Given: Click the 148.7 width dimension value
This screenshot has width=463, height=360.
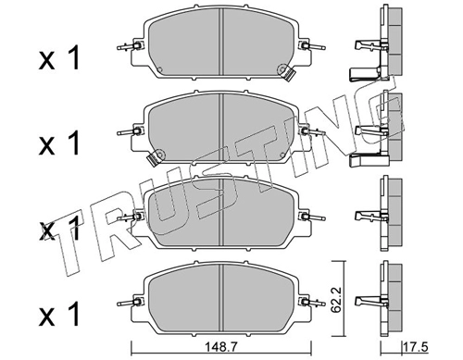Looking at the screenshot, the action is pyautogui.click(x=220, y=348).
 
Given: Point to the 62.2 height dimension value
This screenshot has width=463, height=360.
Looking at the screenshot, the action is pyautogui.click(x=337, y=300).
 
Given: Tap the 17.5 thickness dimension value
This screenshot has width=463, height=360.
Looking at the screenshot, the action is pyautogui.click(x=416, y=348).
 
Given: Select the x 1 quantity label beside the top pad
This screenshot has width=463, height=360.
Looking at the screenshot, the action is pyautogui.click(x=59, y=57).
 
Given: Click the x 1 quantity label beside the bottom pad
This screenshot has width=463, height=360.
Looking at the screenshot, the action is pyautogui.click(x=59, y=314).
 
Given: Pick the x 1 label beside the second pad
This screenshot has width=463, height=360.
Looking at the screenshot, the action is pyautogui.click(x=59, y=143).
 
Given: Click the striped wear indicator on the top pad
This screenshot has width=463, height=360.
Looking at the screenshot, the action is pyautogui.click(x=289, y=75).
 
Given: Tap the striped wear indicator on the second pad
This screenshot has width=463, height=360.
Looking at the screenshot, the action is pyautogui.click(x=153, y=159).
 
